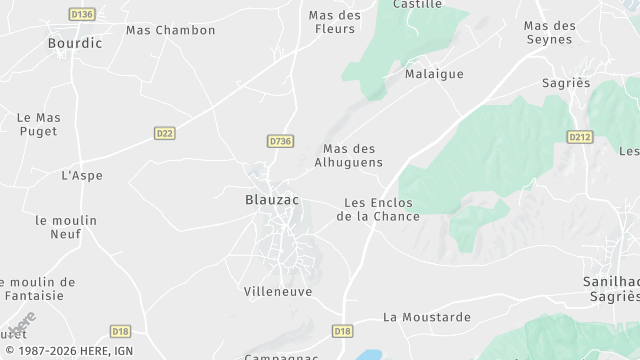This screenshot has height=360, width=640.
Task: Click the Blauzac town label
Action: (272, 200)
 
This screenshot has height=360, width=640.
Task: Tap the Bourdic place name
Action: (75, 44)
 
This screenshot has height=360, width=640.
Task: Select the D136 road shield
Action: (83, 14)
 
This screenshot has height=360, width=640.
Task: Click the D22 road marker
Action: (165, 132)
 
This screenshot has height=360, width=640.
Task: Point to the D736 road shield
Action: (281, 142)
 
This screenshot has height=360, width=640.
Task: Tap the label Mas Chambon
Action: (170, 30)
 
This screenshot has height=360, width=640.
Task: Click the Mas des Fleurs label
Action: (334, 22)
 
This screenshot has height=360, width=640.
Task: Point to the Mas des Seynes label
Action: (550, 32)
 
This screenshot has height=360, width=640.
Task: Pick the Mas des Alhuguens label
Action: (348, 155)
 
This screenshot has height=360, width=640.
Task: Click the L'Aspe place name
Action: (82, 176)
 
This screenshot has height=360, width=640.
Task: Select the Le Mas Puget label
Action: (39, 124)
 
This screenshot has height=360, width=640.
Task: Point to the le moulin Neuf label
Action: (66, 227)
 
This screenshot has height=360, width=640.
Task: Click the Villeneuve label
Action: (278, 292)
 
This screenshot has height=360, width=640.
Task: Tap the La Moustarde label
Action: (426, 317)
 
